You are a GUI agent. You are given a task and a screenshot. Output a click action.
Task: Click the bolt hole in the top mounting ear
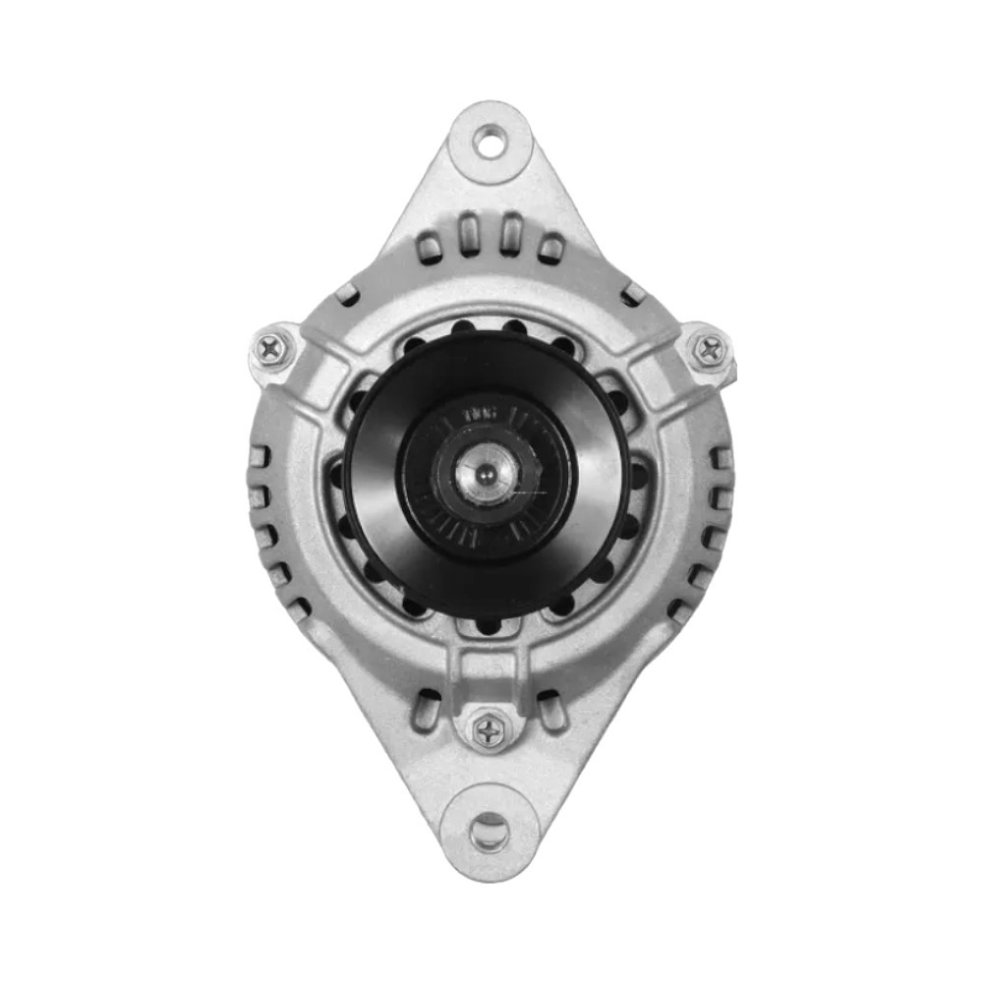(490, 142)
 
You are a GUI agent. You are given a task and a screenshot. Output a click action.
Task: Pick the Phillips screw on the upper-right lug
(708, 348)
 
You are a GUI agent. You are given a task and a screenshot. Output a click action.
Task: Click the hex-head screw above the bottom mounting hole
(489, 730)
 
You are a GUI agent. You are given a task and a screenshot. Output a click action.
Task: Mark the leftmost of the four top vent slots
(430, 246)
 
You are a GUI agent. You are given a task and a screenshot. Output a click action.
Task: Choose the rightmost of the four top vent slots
(550, 246)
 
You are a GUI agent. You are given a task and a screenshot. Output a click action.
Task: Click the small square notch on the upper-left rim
(346, 293)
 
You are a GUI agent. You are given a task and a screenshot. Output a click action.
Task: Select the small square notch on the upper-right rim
(633, 293)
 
